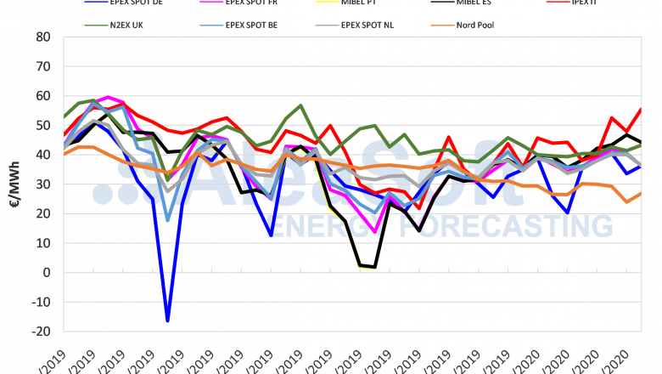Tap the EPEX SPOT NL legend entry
coord(369,25)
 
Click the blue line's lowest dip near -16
coord(167,320)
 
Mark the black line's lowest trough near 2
coord(374,267)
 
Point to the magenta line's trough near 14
coord(374,231)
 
